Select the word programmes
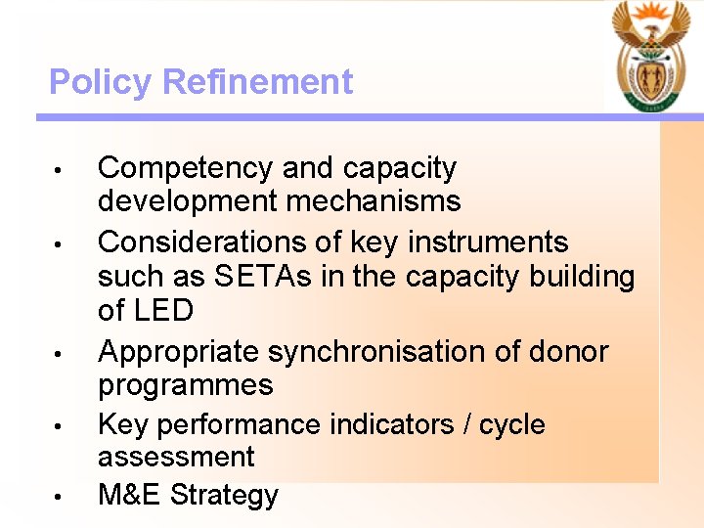point(185,385)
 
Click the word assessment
point(176,457)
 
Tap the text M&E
point(130,495)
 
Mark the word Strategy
point(224,496)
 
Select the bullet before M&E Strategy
point(59,497)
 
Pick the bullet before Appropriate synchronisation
point(59,353)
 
